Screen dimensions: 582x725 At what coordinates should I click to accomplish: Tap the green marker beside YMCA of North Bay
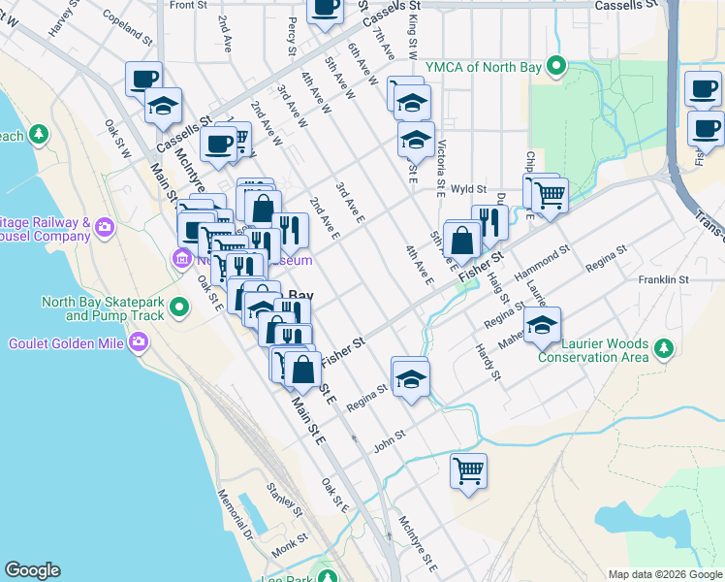point(556,66)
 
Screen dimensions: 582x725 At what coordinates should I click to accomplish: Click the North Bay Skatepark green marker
point(178,308)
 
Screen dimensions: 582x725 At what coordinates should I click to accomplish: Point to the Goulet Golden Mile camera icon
point(140,340)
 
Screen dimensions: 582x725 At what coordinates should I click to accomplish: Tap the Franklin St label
point(663,279)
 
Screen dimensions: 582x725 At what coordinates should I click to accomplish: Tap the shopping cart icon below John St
point(469,470)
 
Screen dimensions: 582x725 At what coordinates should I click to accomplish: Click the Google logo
point(32,570)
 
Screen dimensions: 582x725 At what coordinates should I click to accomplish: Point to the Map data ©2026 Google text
point(664,574)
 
